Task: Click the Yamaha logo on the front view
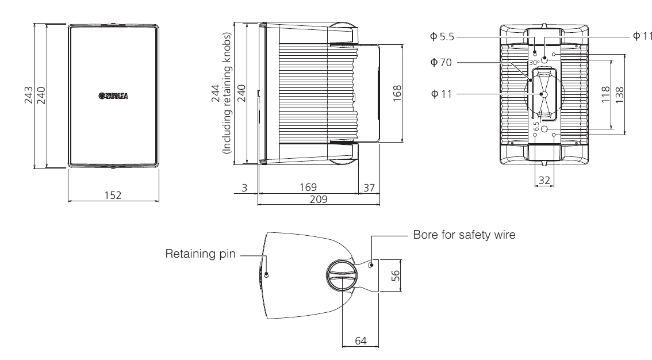pyautogui.click(x=113, y=95)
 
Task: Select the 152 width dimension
pyautogui.click(x=113, y=195)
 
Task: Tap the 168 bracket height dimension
pyautogui.click(x=397, y=93)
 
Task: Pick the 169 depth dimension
pyautogui.click(x=308, y=187)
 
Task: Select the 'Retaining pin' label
pyautogui.click(x=201, y=254)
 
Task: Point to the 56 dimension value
pyautogui.click(x=394, y=275)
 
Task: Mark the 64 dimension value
pyautogui.click(x=360, y=341)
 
